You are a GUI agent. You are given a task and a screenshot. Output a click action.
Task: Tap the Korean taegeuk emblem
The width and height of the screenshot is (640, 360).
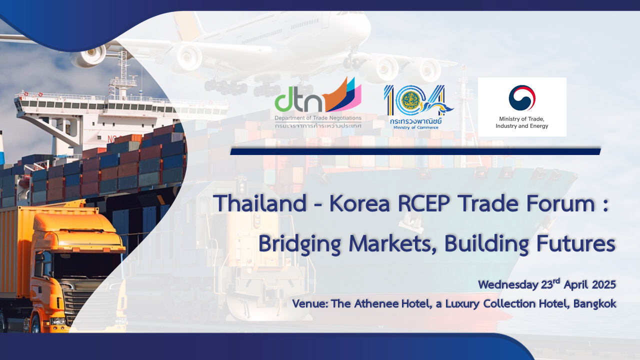coord(522,98)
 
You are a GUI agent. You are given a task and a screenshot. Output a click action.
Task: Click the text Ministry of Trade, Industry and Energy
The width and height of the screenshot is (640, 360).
coord(521,122)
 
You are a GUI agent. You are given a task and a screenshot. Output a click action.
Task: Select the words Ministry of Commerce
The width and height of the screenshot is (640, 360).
coord(415,127)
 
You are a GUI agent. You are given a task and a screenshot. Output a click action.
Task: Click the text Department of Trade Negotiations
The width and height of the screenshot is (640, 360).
coord(318,118)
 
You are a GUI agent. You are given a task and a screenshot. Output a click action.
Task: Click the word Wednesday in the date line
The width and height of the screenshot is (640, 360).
coord(508,285)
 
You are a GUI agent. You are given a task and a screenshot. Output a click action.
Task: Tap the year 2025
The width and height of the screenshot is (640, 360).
coord(603,285)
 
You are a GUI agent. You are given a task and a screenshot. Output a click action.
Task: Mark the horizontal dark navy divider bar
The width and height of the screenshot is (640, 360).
coord(415,151)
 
